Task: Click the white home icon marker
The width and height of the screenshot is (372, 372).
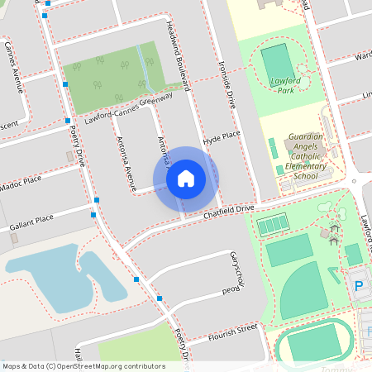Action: [x=186, y=178]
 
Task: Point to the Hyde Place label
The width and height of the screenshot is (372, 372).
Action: [x=221, y=136]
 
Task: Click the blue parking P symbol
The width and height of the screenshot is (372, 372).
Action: [x=359, y=286]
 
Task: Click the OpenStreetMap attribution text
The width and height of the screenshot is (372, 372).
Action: [x=83, y=366]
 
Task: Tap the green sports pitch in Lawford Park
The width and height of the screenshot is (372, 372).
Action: [x=277, y=63]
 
